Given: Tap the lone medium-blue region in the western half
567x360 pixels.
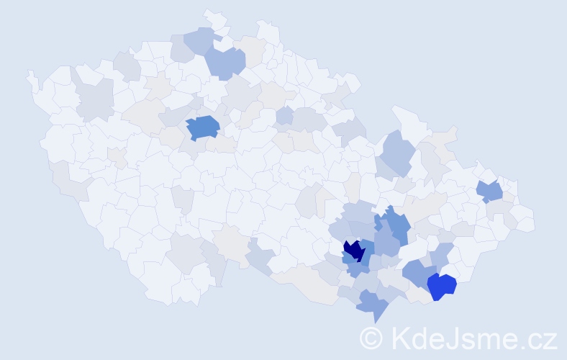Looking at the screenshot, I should (x=203, y=127).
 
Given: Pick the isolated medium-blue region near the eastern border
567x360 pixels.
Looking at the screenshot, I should (x=490, y=191).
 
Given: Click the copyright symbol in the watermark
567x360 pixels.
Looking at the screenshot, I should (x=371, y=338).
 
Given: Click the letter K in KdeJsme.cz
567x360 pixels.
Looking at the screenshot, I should (x=399, y=338).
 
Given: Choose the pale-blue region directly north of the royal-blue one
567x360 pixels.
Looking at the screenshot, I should (x=442, y=254).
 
